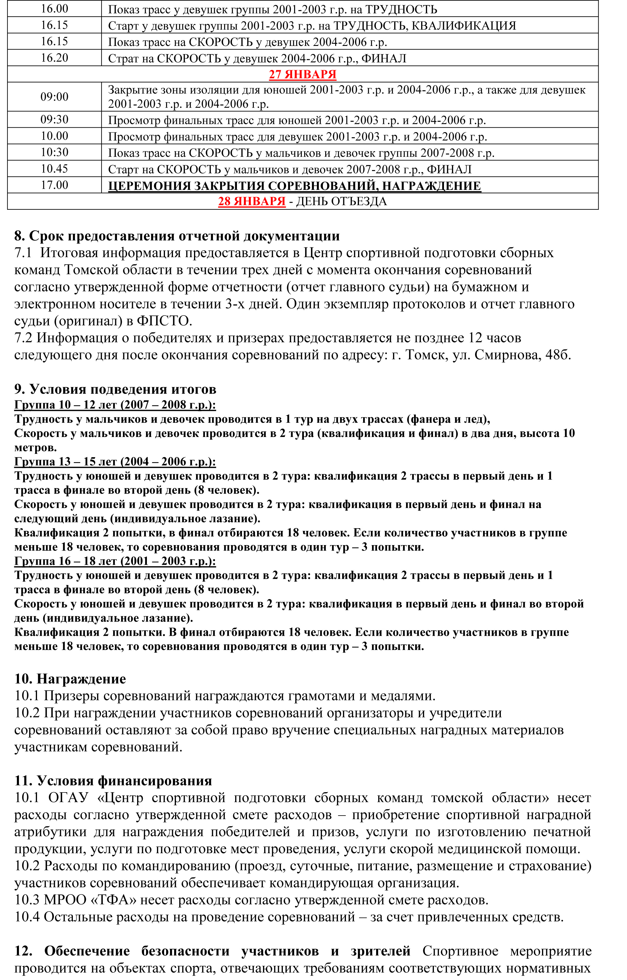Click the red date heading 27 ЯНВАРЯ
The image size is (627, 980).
pos(302,75)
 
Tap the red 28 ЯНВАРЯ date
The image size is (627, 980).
pos(252,201)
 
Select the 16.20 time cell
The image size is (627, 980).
pos(54,58)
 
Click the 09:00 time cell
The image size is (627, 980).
pos(54,97)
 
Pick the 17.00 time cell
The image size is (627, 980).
pos(54,185)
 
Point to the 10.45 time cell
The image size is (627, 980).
pos(54,169)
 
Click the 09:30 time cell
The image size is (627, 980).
pos(54,120)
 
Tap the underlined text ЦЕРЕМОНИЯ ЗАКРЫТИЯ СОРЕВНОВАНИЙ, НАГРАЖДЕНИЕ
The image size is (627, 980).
pos(294,186)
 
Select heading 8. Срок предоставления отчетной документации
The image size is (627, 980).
pos(177,236)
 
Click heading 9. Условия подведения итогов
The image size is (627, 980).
pos(115,389)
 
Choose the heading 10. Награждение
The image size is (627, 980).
pos(70,679)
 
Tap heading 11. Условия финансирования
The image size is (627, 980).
pos(113,781)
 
